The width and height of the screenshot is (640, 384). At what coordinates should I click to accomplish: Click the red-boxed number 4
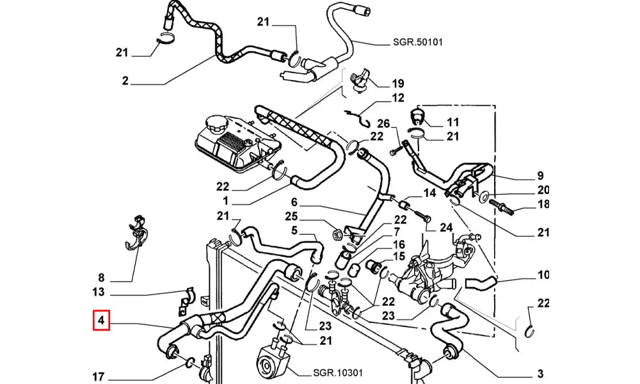tap(102, 320)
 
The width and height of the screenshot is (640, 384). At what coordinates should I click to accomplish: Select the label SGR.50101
tap(417, 43)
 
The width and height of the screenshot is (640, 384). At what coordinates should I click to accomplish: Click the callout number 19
tap(398, 83)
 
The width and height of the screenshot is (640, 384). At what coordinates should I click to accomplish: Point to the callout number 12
tap(398, 99)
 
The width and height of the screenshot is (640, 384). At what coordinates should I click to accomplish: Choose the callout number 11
tap(453, 122)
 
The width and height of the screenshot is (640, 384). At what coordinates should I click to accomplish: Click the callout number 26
tap(383, 124)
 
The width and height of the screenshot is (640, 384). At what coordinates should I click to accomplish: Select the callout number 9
tap(540, 176)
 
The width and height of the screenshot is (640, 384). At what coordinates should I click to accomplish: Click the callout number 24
tap(445, 227)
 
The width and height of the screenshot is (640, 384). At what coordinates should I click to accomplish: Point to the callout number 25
tap(292, 216)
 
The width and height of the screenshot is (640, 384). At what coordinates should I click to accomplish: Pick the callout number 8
tap(100, 278)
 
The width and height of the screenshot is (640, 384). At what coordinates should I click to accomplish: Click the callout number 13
tap(98, 293)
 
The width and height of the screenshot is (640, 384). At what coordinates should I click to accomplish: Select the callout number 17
tap(98, 376)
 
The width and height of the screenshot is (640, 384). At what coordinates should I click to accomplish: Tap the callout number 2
tap(125, 81)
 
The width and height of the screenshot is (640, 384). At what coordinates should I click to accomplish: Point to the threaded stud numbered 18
tap(503, 206)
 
